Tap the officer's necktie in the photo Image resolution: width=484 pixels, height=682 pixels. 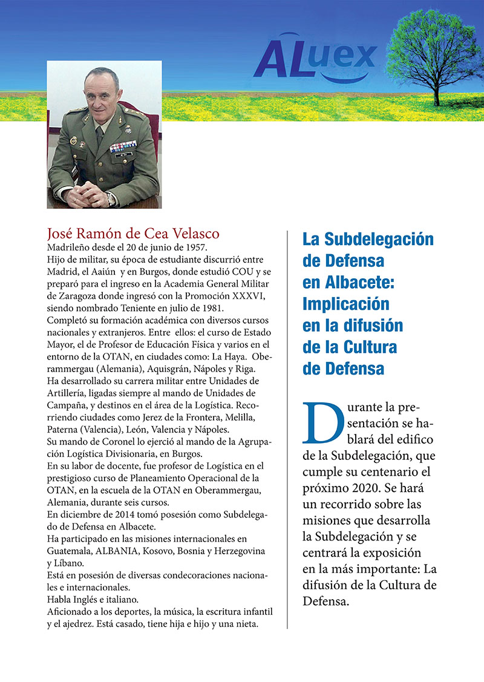[99, 136]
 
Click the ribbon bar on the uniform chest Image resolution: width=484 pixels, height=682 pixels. [123, 146]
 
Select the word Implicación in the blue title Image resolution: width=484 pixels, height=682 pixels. [345, 303]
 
